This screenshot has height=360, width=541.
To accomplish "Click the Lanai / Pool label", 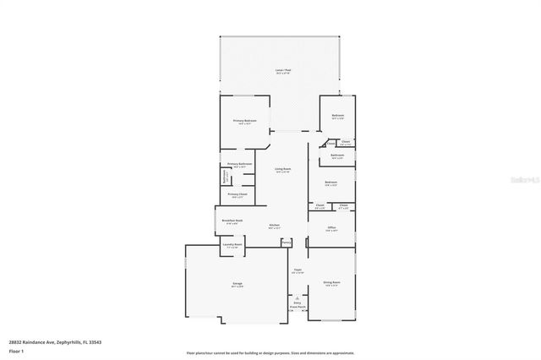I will point(283,69).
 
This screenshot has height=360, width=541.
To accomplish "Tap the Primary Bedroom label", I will point(244,121).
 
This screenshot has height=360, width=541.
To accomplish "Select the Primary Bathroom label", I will point(240,163).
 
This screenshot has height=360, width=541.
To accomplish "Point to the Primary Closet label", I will point(238,194).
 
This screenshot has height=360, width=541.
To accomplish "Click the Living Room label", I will point(283,169).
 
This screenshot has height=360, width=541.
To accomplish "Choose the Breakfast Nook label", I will point(232,221).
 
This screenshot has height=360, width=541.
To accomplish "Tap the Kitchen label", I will point(275,225).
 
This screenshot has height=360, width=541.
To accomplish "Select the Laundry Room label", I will point(232,245).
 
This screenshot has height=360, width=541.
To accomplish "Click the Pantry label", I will point(287,243).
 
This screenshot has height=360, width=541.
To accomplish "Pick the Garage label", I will point(238,285).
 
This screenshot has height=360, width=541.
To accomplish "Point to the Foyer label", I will point(298,270).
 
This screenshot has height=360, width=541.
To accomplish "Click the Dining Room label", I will point(331,282).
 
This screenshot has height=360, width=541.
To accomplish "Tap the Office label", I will point(331,227).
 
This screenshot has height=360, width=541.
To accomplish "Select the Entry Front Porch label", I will point(298,304).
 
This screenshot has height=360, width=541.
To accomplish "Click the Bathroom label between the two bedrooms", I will point(336,155).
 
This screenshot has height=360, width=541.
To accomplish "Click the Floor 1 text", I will point(15,351).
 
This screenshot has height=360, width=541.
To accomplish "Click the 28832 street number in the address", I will point(16,341).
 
